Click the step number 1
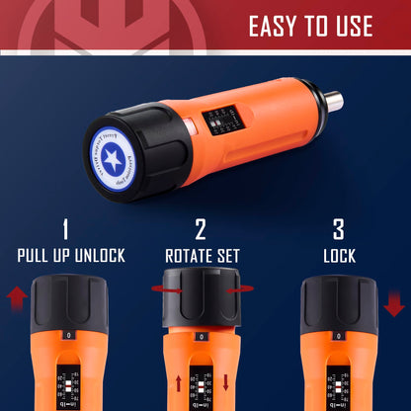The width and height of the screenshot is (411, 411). pos(65,230)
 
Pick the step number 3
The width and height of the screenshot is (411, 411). pos(338,230)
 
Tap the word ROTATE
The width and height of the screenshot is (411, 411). pos(185,255)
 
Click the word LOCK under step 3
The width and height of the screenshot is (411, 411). pos(338,255)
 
